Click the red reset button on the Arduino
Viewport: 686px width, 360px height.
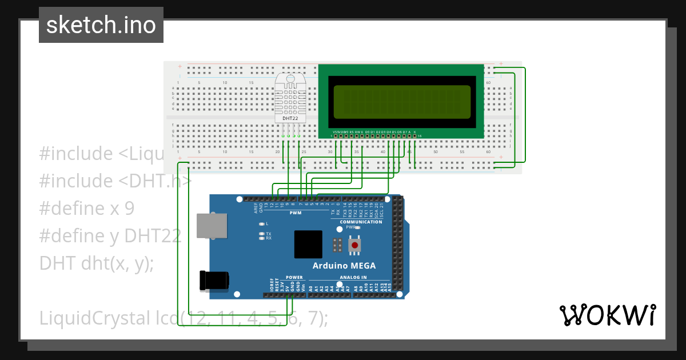(355, 246)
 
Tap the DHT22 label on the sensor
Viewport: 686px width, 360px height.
(290, 118)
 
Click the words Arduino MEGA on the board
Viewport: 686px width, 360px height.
(344, 266)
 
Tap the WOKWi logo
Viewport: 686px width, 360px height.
(608, 315)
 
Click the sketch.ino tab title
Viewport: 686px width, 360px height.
(101, 25)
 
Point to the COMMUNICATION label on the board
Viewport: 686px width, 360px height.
(361, 222)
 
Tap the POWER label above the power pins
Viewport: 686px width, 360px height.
(294, 277)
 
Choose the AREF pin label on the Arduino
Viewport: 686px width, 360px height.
(256, 208)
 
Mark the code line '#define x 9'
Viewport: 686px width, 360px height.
(87, 208)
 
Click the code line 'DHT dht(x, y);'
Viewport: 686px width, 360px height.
(96, 263)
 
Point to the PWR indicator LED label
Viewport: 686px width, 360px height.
(350, 227)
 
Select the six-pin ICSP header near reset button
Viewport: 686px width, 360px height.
(338, 246)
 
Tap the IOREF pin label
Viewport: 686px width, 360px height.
(272, 285)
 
